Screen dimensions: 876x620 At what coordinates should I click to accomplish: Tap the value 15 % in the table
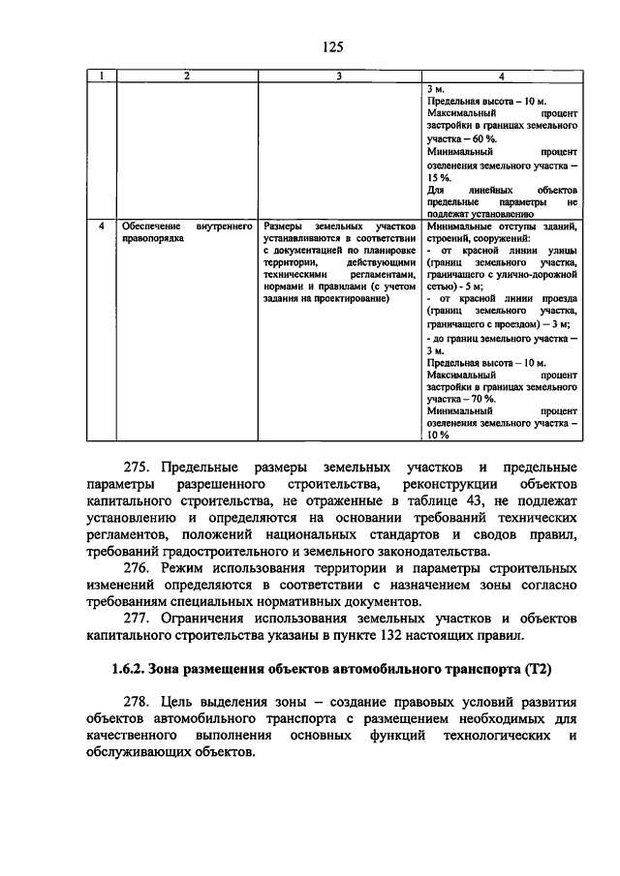point(438,177)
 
